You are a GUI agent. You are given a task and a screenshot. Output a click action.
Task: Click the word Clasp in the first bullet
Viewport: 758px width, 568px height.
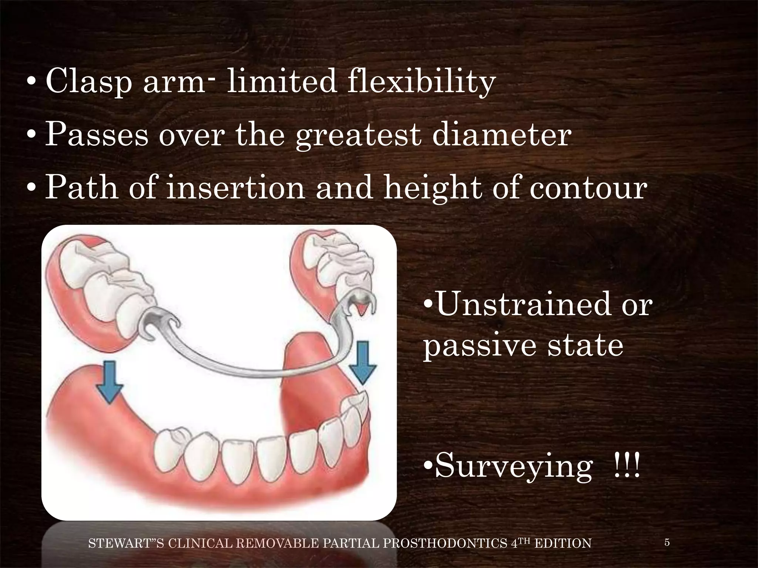(x=88, y=82)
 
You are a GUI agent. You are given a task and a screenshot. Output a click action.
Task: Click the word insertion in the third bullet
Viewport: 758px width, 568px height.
(x=236, y=188)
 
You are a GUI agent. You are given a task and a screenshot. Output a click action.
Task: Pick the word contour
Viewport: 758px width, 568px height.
(x=588, y=188)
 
